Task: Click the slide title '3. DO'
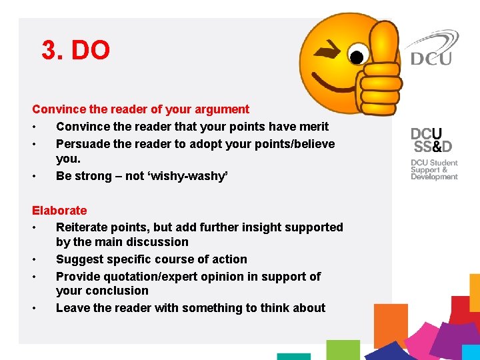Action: [75, 50]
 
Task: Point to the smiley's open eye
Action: [358, 55]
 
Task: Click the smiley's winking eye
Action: [328, 49]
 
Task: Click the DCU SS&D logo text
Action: [431, 140]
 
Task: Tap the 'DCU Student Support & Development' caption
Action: [434, 169]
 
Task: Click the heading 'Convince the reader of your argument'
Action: [141, 109]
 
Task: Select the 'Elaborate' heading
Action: [59, 211]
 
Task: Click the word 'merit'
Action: [313, 127]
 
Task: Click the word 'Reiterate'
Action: [84, 227]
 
